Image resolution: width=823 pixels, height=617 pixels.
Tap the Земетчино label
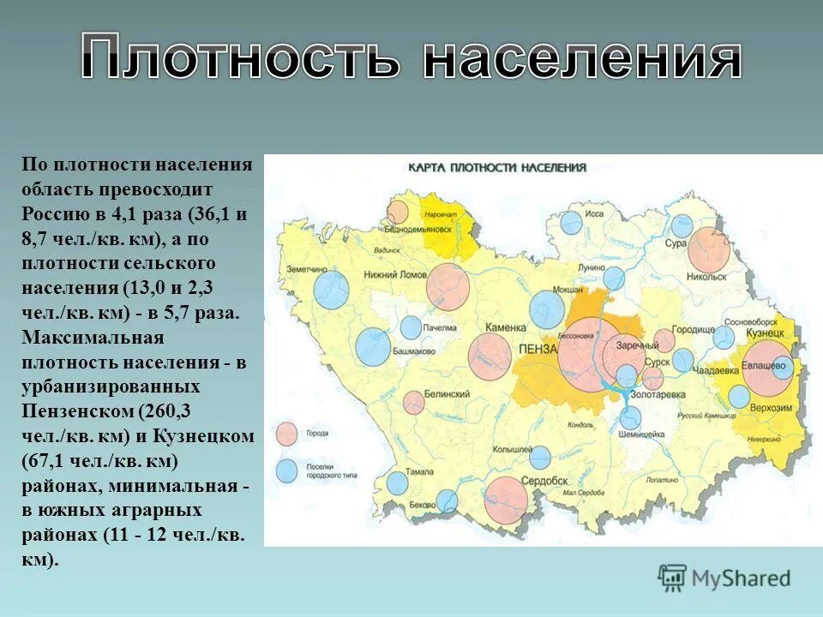[307, 268]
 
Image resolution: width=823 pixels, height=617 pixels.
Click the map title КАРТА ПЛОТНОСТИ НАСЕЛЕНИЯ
[496, 168]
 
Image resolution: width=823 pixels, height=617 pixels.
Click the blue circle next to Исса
[571, 223]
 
